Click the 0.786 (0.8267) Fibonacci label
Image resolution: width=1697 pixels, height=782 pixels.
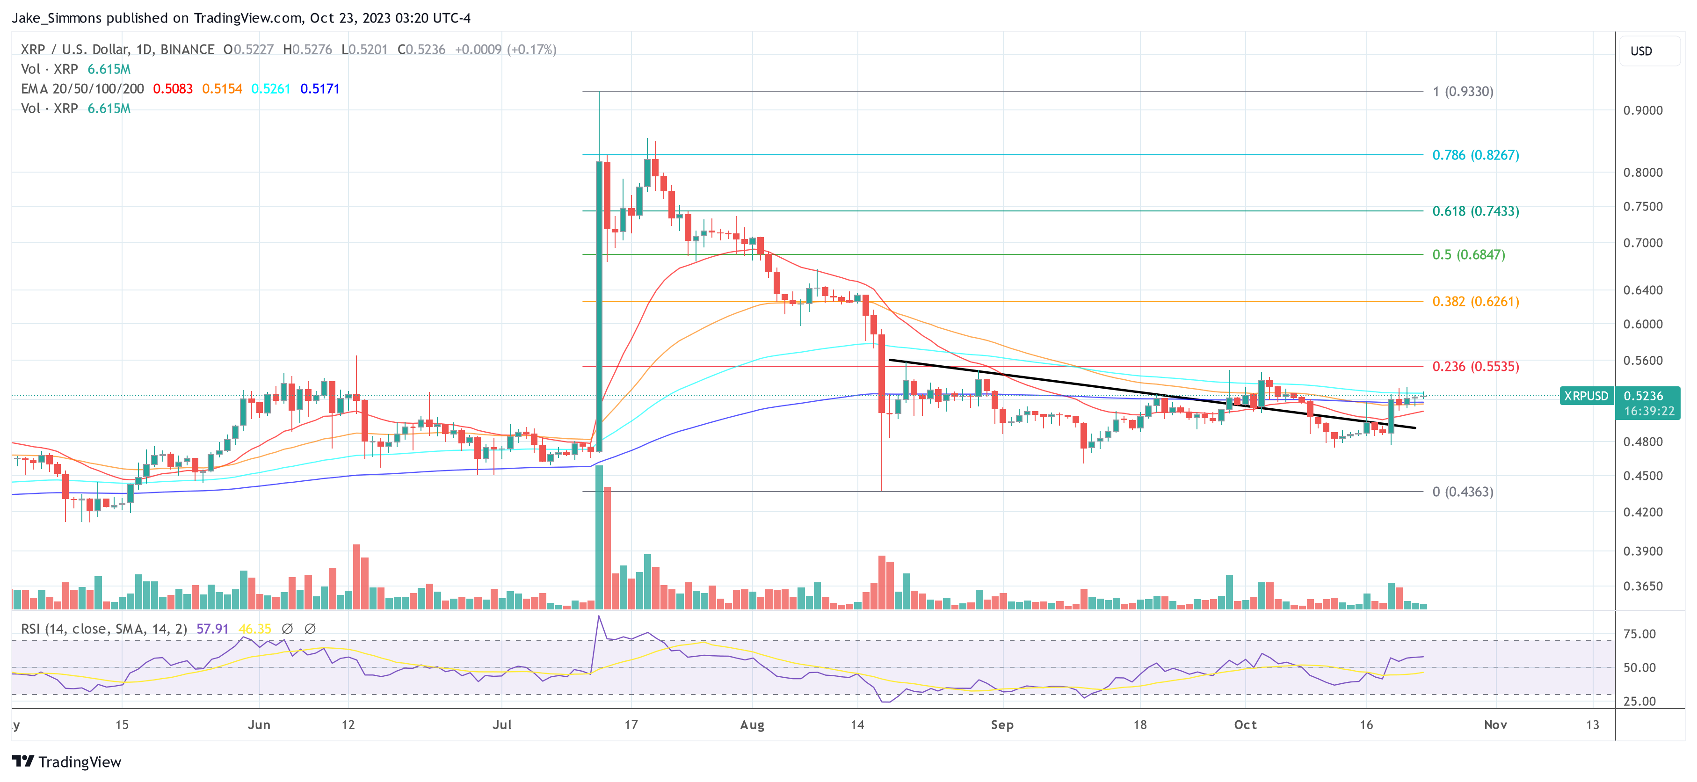coord(1475,155)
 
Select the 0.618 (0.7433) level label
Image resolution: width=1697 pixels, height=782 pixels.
coord(1475,211)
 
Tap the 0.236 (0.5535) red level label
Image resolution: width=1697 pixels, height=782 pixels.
coord(1475,366)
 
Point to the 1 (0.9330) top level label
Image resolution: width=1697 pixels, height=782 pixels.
coord(1463,91)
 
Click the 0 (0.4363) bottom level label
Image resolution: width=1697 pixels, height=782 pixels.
coord(1463,492)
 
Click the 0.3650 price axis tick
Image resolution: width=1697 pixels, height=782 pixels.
coord(1642,586)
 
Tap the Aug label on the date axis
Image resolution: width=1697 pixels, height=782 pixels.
coord(752,724)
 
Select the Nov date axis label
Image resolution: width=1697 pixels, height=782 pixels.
coord(1495,724)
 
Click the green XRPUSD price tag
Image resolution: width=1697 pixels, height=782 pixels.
coord(1586,396)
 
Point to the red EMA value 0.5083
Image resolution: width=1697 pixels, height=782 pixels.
coord(173,89)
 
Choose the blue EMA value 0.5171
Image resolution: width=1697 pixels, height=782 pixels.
coord(319,89)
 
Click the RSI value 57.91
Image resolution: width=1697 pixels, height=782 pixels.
coord(212,629)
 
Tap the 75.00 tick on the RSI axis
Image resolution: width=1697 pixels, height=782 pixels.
coord(1639,634)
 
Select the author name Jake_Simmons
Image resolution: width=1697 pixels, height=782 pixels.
coord(57,18)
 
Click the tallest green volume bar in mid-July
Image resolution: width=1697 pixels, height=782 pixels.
coord(599,537)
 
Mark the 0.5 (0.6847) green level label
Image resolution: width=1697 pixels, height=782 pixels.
coord(1468,254)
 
